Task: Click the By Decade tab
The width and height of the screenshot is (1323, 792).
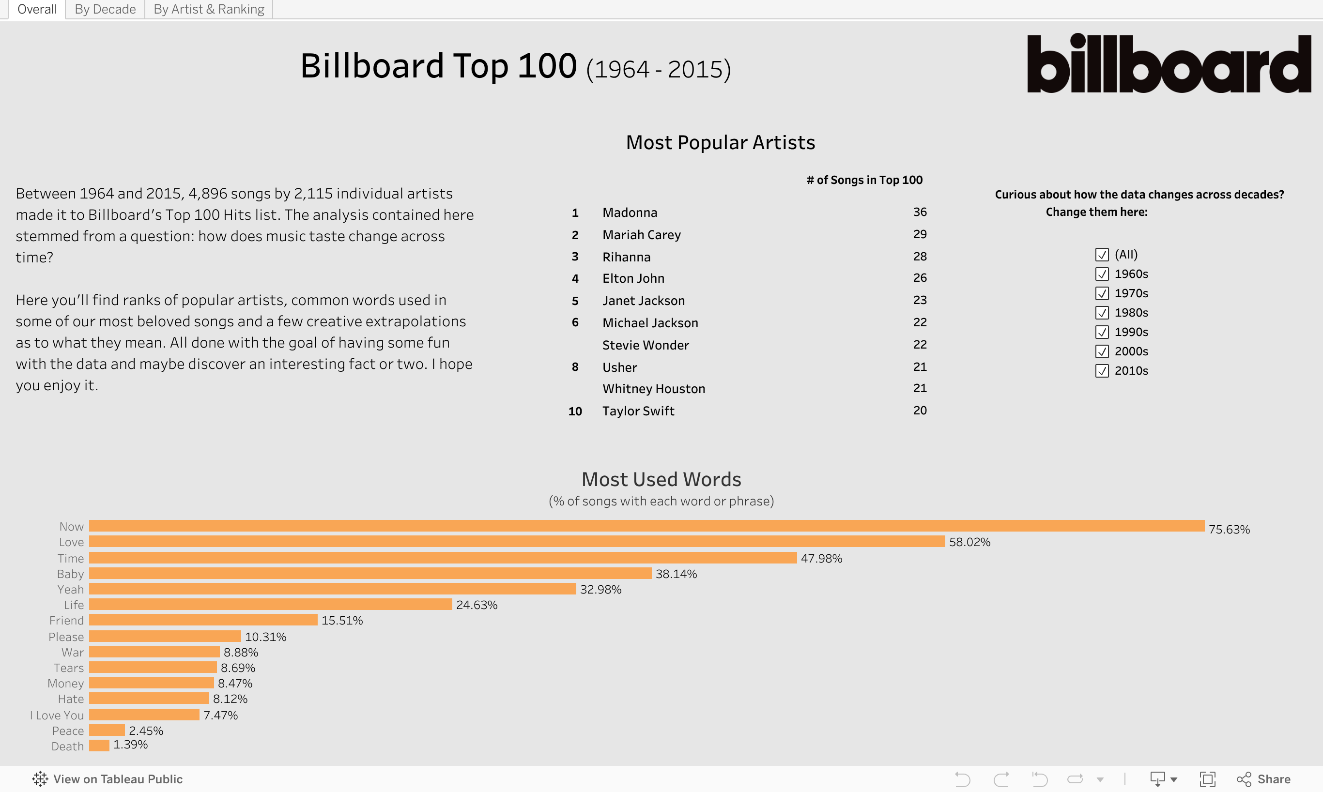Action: click(x=105, y=9)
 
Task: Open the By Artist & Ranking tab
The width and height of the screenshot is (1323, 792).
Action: click(x=209, y=9)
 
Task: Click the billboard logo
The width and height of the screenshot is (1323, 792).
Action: click(x=1169, y=63)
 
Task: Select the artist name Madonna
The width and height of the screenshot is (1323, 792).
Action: click(x=630, y=213)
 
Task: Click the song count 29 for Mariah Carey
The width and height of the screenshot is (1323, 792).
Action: click(x=920, y=234)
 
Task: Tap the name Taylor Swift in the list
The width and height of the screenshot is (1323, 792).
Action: click(x=638, y=411)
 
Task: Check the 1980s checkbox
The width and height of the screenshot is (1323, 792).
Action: click(x=1102, y=313)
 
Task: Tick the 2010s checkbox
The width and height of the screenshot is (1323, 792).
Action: click(x=1102, y=371)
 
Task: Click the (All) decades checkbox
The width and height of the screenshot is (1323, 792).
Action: click(x=1102, y=255)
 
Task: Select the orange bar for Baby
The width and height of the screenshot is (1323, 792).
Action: click(x=370, y=574)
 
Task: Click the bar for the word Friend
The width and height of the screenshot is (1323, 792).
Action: click(x=203, y=620)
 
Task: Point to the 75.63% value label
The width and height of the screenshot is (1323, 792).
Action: click(x=1229, y=530)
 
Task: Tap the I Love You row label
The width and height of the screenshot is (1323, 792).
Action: click(x=57, y=715)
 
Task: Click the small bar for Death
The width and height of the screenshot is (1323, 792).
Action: click(x=99, y=746)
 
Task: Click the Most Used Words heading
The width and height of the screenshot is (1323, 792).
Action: click(x=661, y=479)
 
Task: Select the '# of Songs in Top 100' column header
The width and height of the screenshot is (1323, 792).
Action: click(x=864, y=181)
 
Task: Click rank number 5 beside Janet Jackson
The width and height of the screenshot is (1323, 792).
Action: click(x=575, y=301)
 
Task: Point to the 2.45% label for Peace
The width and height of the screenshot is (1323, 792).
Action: click(x=146, y=731)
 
